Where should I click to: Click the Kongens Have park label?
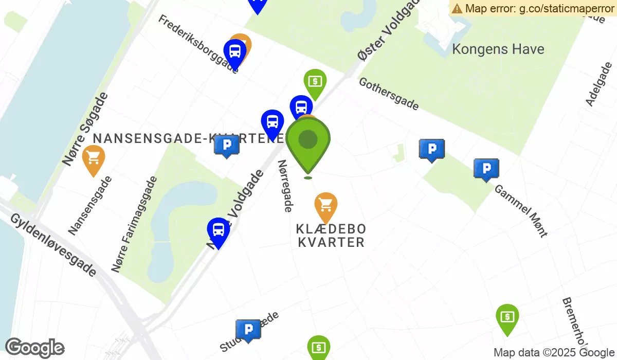pos(498,49)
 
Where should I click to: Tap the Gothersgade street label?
pos(389,94)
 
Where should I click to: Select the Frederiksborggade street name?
pos(198,44)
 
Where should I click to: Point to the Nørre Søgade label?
pos(86,129)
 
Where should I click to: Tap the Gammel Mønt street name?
pos(521,210)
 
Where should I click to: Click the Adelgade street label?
pos(598,85)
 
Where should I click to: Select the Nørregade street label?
pos(285,185)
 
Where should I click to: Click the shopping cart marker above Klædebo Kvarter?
pos(325,206)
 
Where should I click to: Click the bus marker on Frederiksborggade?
pos(234,52)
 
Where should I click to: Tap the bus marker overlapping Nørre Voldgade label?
pos(218,230)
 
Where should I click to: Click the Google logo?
pos(34,348)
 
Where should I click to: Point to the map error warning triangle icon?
pos(457,8)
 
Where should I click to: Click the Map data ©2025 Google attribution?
pos(554,353)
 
